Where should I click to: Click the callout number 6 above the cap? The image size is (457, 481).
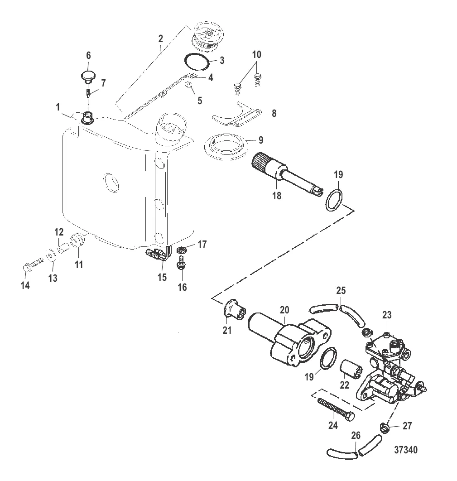[88, 56]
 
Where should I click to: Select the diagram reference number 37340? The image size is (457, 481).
[406, 450]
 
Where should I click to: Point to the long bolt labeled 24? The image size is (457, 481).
[336, 409]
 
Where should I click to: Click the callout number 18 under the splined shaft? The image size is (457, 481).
[277, 195]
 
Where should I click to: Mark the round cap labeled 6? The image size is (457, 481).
[88, 76]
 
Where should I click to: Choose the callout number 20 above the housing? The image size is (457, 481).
[284, 310]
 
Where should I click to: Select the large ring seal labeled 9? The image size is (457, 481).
[227, 147]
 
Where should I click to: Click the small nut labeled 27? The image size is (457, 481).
[385, 427]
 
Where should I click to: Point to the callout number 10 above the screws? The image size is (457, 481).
[256, 55]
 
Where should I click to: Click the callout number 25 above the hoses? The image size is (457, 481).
[341, 290]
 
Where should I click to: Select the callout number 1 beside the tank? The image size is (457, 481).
[58, 107]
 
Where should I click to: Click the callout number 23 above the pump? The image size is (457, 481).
[387, 315]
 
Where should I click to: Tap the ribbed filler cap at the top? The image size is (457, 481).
[207, 36]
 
